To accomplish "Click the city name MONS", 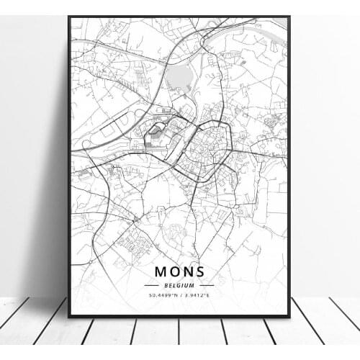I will pyautogui.click(x=179, y=271).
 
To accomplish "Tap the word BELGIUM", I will pyautogui.click(x=179, y=285).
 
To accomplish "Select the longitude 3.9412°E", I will pyautogui.click(x=199, y=295).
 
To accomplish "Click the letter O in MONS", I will pyautogui.click(x=174, y=271).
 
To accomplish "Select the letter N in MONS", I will pyautogui.click(x=187, y=271).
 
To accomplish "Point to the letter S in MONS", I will pyautogui.click(x=200, y=271).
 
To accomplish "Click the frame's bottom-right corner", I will pyautogui.click(x=289, y=316).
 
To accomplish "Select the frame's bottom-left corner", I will pyautogui.click(x=69, y=316).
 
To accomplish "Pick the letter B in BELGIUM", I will pyautogui.click(x=165, y=285).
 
